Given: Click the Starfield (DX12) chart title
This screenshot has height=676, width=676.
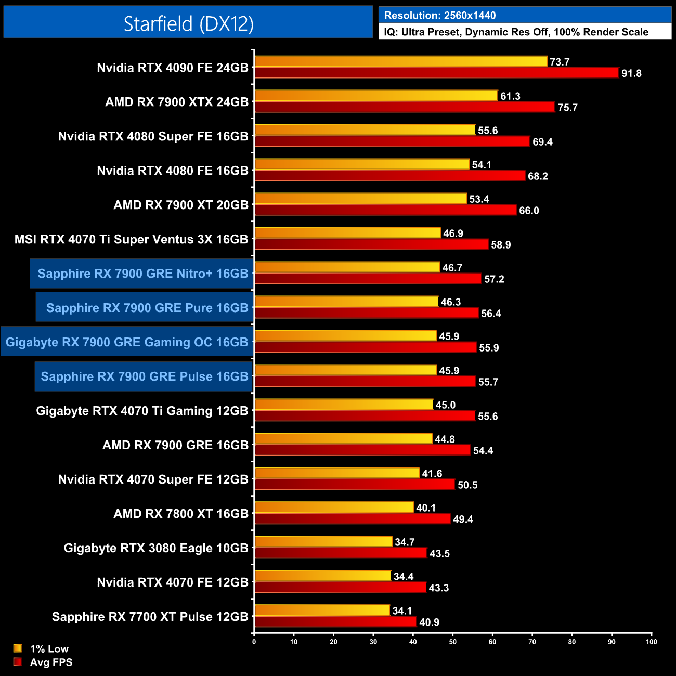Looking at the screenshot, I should click(188, 23).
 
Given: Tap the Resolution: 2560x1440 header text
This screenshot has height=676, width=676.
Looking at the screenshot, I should click(439, 16).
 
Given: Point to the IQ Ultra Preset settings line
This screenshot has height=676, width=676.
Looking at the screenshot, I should click(516, 32).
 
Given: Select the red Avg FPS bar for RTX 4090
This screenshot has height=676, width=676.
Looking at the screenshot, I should click(437, 73).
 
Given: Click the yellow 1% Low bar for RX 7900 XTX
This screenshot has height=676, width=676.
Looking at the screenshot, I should click(376, 96).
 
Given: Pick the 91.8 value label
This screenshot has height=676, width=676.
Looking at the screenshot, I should click(631, 73).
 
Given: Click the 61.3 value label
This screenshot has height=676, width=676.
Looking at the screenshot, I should click(510, 96).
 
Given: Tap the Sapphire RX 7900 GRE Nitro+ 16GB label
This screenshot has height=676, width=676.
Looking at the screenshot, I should click(142, 274).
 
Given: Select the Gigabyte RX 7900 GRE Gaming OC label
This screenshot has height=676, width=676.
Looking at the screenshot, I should click(127, 342).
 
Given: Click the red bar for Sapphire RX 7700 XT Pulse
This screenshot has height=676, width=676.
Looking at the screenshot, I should click(335, 622).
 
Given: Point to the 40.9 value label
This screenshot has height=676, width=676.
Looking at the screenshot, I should click(429, 622).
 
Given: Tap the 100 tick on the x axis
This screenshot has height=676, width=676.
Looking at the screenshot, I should click(652, 642).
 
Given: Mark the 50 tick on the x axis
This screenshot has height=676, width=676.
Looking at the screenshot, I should click(453, 642).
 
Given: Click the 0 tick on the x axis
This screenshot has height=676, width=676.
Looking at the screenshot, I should click(254, 642).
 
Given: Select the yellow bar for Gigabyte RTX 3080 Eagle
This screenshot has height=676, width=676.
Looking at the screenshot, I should click(323, 542).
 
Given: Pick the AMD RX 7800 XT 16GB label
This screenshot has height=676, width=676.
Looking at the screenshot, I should click(181, 514).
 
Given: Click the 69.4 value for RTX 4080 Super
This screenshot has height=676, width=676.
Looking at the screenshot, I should click(542, 142).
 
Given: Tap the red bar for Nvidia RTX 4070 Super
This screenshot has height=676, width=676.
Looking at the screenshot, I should click(355, 485).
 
